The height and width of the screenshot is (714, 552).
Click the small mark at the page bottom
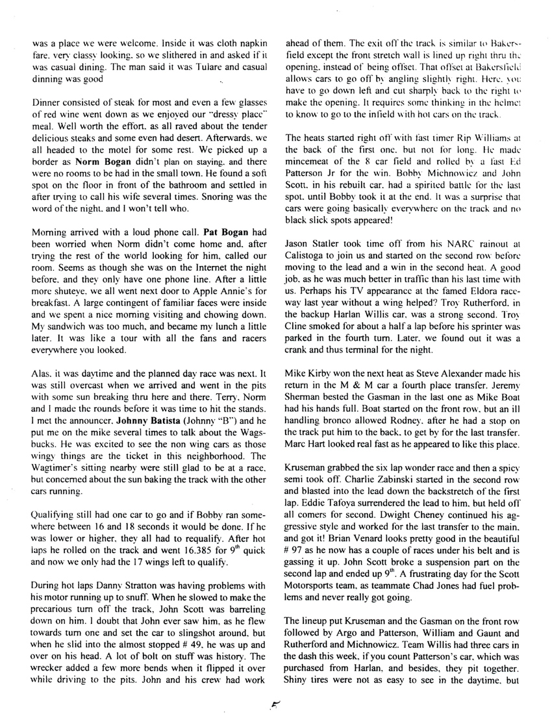click(276, 697)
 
